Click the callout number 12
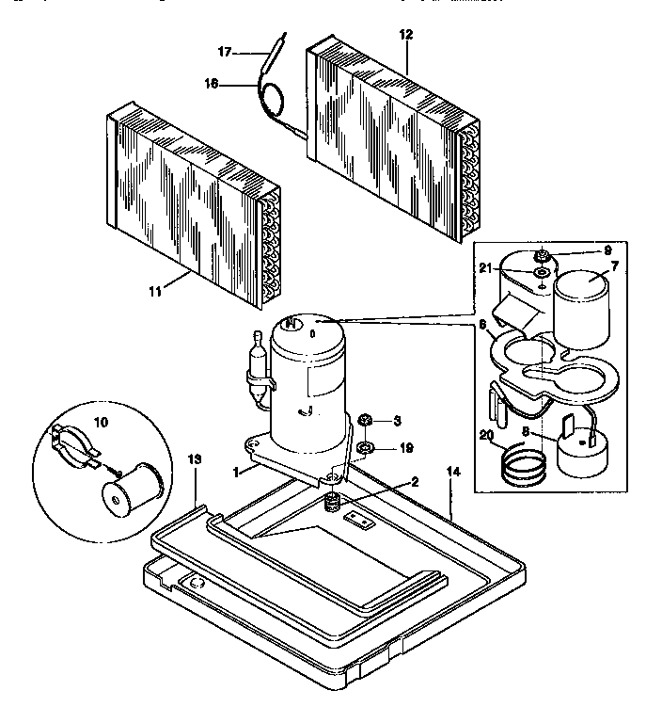[405, 35]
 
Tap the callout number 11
[155, 292]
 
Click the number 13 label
[195, 458]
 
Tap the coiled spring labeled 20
[524, 462]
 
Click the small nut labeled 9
[543, 254]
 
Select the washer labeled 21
[543, 273]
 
